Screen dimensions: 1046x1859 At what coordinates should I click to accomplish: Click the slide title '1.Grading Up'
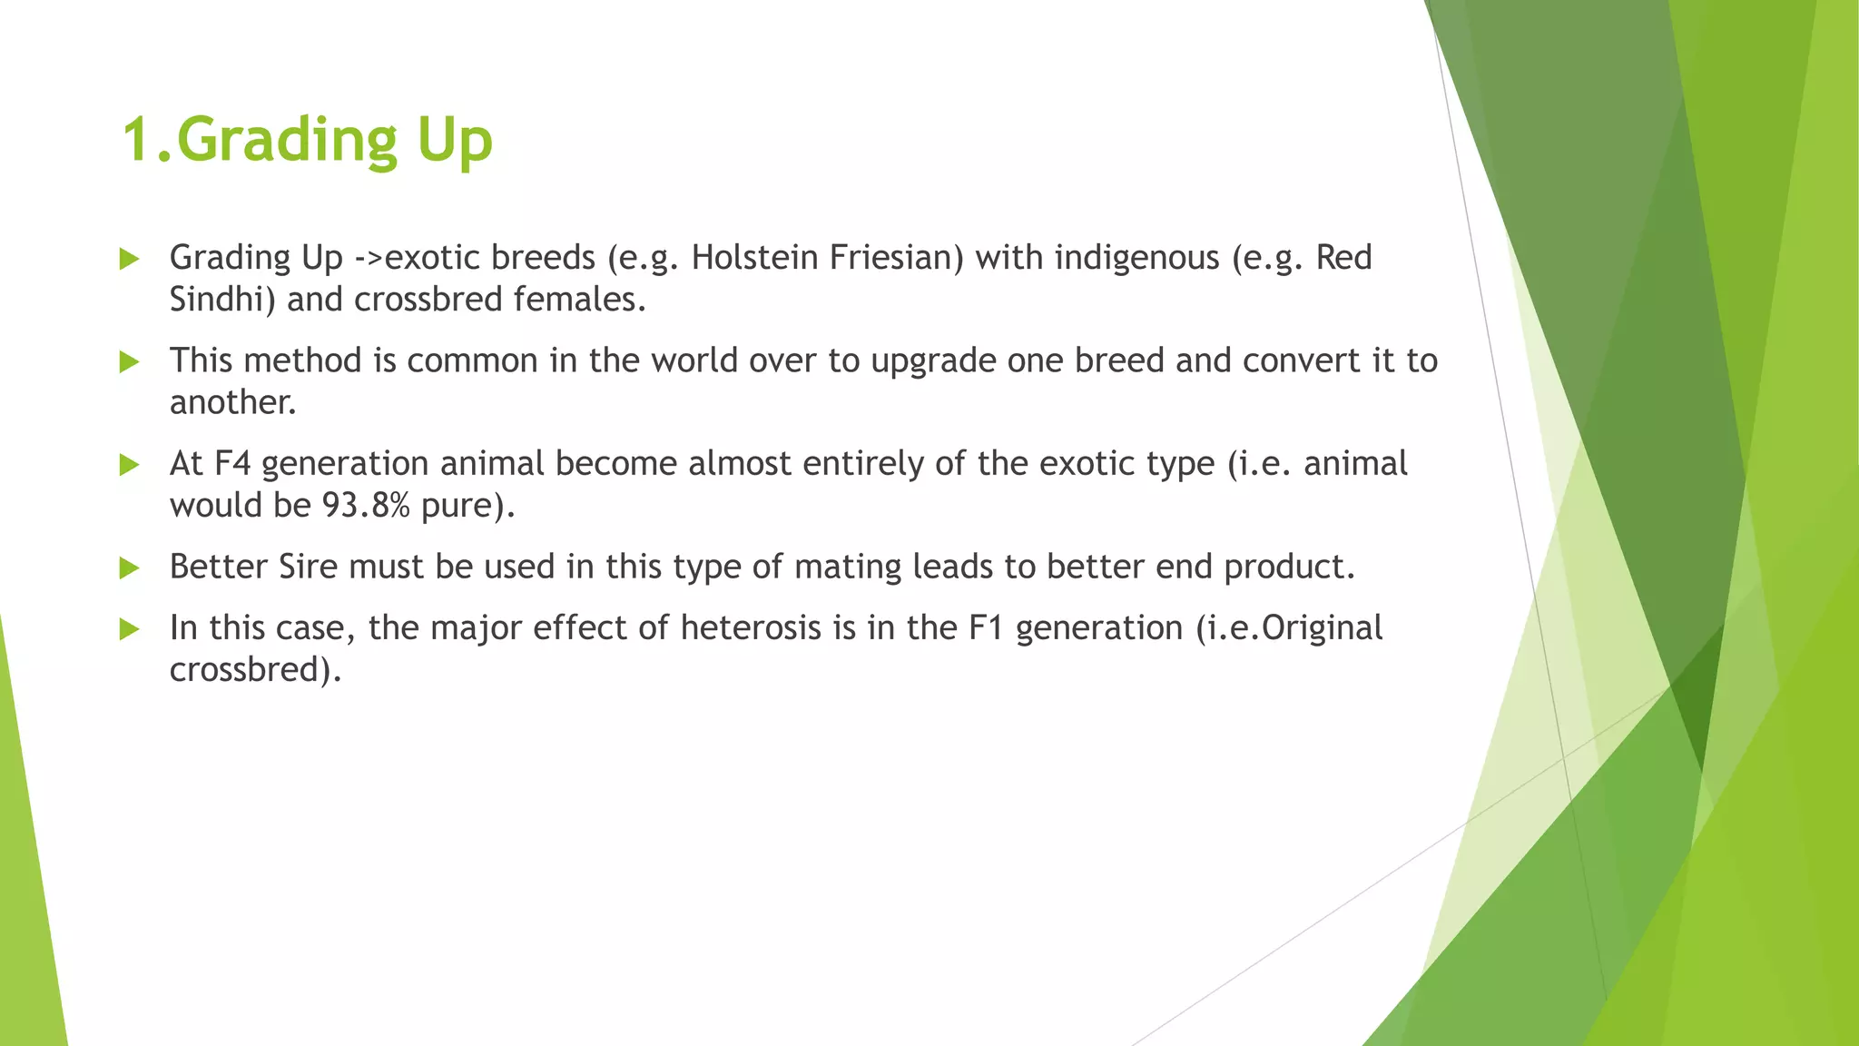coord(307,141)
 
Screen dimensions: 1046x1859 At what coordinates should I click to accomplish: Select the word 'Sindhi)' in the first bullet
coord(222,300)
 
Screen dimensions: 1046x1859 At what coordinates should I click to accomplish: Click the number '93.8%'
coord(366,506)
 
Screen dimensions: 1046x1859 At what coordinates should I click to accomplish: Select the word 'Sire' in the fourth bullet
coord(308,567)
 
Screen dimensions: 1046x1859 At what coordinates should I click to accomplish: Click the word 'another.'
coord(233,402)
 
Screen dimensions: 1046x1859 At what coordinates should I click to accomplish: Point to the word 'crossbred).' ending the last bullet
coord(255,670)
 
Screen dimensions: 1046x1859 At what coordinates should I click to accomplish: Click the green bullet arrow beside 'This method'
coord(130,362)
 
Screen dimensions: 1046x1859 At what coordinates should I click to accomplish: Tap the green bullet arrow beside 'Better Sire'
coord(130,568)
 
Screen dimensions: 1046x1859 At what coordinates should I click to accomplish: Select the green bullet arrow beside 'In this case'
coord(130,629)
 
